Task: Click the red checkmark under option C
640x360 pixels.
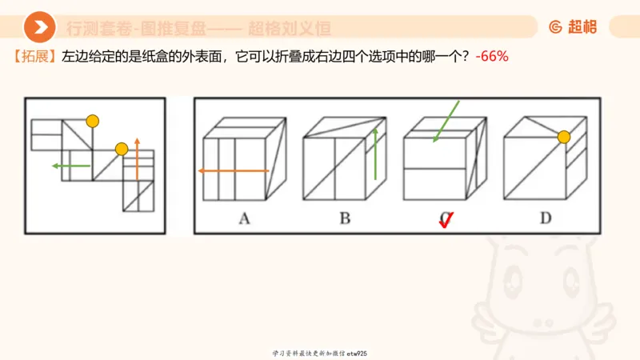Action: click(x=446, y=220)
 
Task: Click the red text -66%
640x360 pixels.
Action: click(x=492, y=58)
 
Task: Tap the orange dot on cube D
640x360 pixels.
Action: click(x=564, y=137)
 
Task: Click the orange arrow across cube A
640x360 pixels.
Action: click(x=233, y=170)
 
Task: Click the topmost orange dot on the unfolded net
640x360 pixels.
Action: click(x=93, y=122)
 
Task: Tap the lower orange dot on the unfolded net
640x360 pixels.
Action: click(x=122, y=149)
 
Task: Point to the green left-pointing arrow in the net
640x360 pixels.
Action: click(x=70, y=166)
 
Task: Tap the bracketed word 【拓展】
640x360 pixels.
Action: click(x=33, y=58)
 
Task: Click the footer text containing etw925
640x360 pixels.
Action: click(x=319, y=353)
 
